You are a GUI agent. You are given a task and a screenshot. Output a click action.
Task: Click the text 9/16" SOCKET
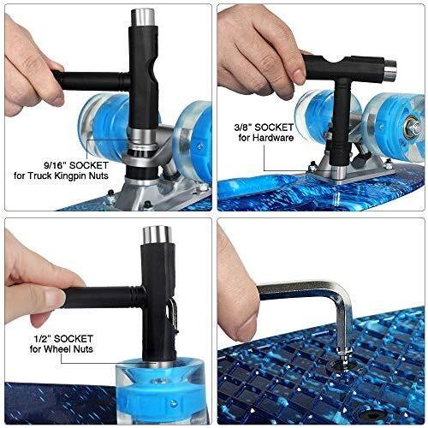click(76, 165)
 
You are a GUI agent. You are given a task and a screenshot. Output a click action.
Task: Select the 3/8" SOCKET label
click(264, 128)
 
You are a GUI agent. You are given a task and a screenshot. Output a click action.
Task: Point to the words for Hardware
click(266, 138)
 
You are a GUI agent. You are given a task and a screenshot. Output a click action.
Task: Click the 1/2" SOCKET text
click(63, 339)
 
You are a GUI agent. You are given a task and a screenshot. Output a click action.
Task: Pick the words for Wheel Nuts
click(62, 349)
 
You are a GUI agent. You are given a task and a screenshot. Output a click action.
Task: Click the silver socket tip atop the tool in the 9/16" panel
click(143, 17)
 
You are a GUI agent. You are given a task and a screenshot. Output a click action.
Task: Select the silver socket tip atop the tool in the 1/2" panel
click(157, 235)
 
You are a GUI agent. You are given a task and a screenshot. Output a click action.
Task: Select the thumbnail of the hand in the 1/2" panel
click(54, 298)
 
